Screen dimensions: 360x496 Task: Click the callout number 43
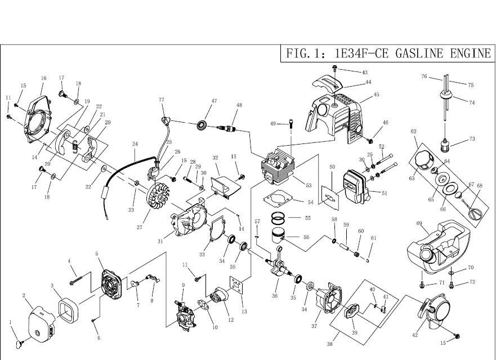tap(364, 73)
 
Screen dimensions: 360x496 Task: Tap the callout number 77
tap(162, 100)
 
